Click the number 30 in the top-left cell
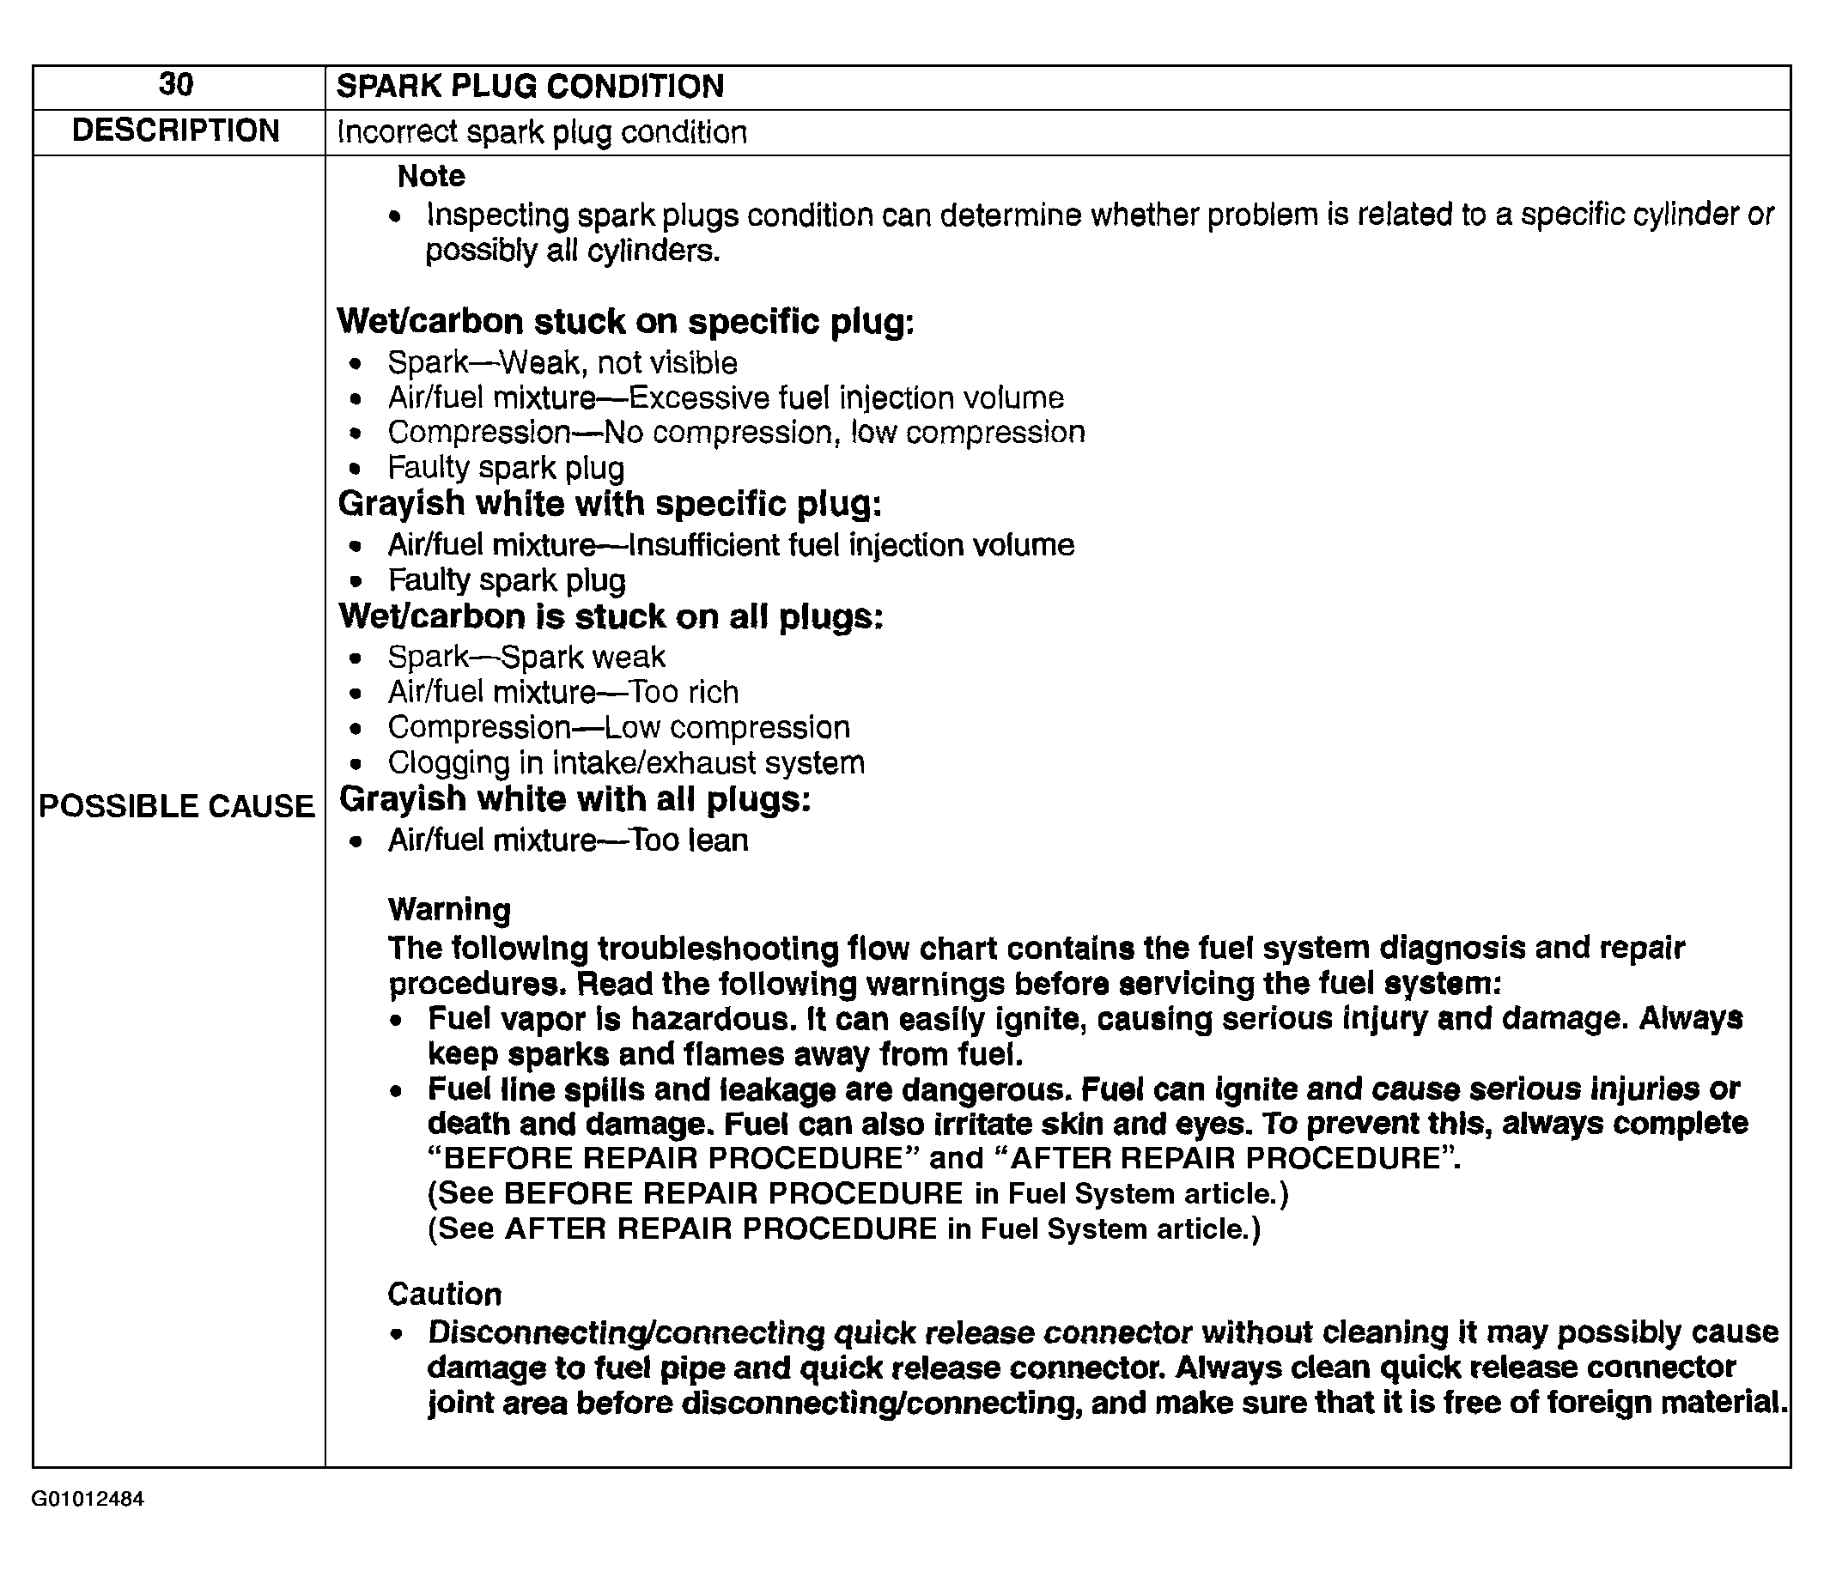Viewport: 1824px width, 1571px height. point(176,84)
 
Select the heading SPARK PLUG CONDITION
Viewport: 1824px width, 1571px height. point(530,86)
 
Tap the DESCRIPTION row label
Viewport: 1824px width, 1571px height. point(176,130)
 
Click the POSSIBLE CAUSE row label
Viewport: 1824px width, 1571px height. point(177,806)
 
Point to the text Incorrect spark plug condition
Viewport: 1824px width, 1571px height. point(542,132)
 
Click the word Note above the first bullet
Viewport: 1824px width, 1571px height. point(431,176)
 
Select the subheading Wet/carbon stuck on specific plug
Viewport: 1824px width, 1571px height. point(626,322)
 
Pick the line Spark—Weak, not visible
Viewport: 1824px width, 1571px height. point(562,362)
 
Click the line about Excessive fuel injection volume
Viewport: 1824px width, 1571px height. point(726,397)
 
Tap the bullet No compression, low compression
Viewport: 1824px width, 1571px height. point(736,432)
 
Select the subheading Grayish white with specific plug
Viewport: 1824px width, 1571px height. point(610,504)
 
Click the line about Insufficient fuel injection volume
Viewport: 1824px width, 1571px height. point(731,545)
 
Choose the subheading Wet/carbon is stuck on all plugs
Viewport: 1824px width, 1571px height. point(611,617)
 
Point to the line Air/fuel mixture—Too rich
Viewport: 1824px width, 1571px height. point(563,692)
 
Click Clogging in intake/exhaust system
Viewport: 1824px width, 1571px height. point(626,762)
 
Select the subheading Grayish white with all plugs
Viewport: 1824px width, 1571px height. point(575,799)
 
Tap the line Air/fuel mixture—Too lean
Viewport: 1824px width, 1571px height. point(568,840)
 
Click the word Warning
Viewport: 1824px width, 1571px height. point(449,909)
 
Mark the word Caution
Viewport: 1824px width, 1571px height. point(445,1294)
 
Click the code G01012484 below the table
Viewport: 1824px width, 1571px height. point(88,1499)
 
